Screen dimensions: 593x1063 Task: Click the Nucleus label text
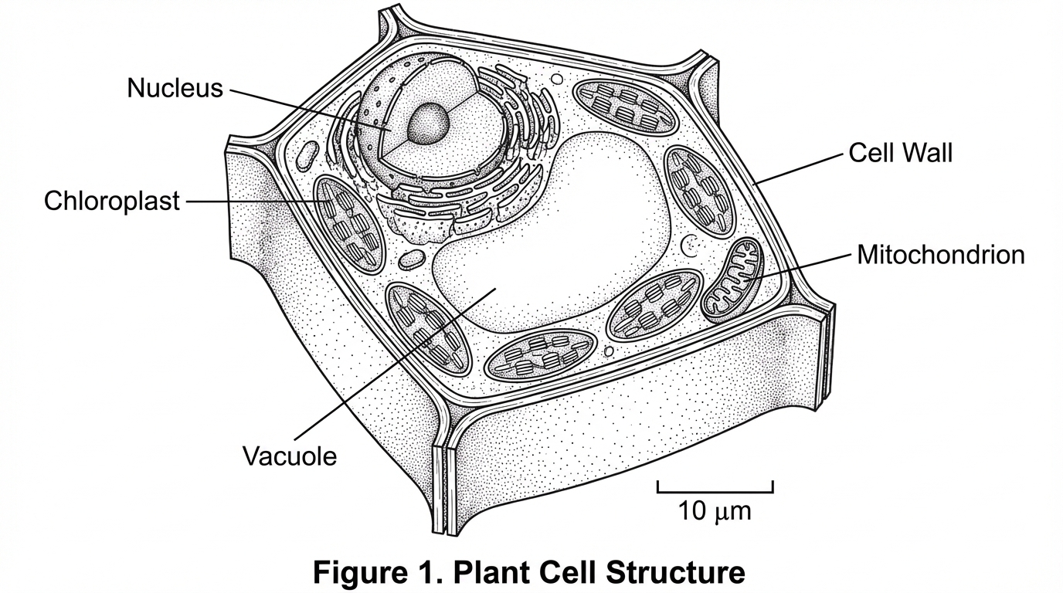point(175,88)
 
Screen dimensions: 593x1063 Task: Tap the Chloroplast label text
point(111,202)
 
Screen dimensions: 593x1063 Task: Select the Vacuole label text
point(290,456)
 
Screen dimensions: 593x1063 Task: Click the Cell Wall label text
point(900,152)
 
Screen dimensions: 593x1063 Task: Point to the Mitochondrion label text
point(941,255)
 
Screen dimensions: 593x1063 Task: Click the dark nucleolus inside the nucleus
point(428,124)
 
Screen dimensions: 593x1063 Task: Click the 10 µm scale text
point(715,510)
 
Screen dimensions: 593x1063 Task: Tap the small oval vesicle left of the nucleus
point(308,154)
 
